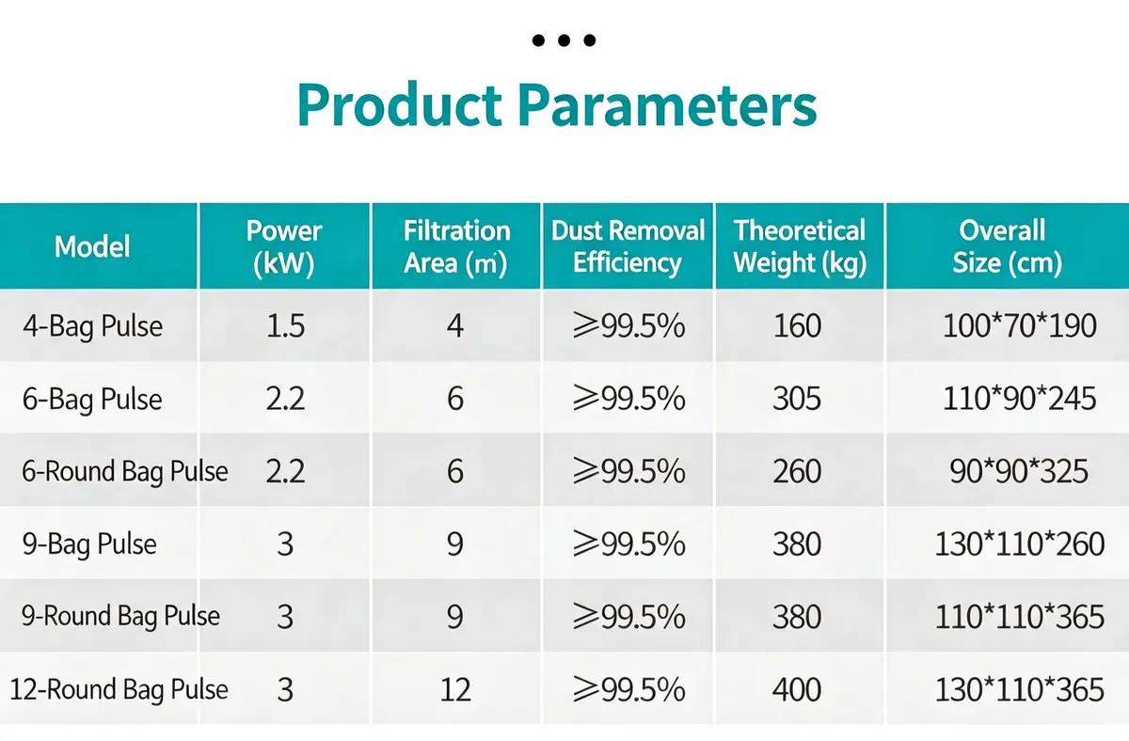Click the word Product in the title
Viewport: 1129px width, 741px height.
(x=399, y=104)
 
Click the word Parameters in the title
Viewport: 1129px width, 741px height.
(x=667, y=104)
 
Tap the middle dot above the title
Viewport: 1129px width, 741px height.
(x=564, y=39)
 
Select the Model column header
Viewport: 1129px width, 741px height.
(x=92, y=246)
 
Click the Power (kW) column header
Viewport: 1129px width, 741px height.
(x=284, y=246)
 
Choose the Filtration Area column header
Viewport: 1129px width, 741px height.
(x=456, y=246)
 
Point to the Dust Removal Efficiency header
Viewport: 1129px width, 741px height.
(x=628, y=246)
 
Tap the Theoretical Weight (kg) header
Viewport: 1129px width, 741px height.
(x=800, y=246)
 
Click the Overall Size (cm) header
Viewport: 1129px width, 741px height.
(x=1007, y=246)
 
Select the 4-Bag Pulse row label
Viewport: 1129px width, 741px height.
(x=93, y=326)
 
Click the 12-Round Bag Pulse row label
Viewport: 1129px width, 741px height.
(x=119, y=689)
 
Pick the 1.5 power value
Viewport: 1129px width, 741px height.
(x=285, y=325)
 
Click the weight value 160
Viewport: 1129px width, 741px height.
(x=798, y=325)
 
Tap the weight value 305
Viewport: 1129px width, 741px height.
(x=797, y=399)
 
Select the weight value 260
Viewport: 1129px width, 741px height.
(x=797, y=471)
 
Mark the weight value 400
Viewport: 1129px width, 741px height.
(x=797, y=689)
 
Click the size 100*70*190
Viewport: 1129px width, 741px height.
(x=1019, y=325)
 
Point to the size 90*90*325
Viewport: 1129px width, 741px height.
(x=1019, y=471)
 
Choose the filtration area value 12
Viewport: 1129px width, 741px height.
(x=455, y=689)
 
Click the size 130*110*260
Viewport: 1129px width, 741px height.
(x=1019, y=544)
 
